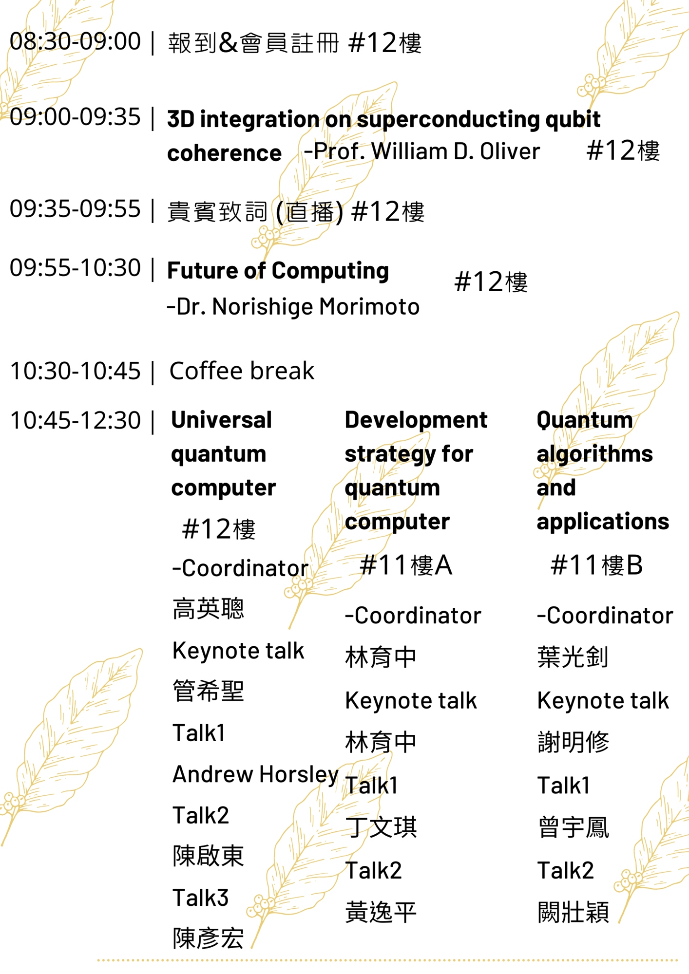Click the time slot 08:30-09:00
point(75,41)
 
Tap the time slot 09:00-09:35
point(75,117)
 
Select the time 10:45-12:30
point(75,420)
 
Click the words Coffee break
point(242,371)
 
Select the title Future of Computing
point(278,271)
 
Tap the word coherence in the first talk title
point(224,153)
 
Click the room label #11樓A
point(406,565)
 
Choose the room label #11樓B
point(596,565)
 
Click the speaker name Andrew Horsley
point(255,774)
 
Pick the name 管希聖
point(208,691)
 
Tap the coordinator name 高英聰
point(208,608)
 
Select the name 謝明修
point(573,742)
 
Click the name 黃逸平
point(381,912)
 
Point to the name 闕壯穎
point(573,912)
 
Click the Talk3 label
point(200,898)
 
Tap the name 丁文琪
point(381,827)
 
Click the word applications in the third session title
point(603,522)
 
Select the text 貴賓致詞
point(217,212)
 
